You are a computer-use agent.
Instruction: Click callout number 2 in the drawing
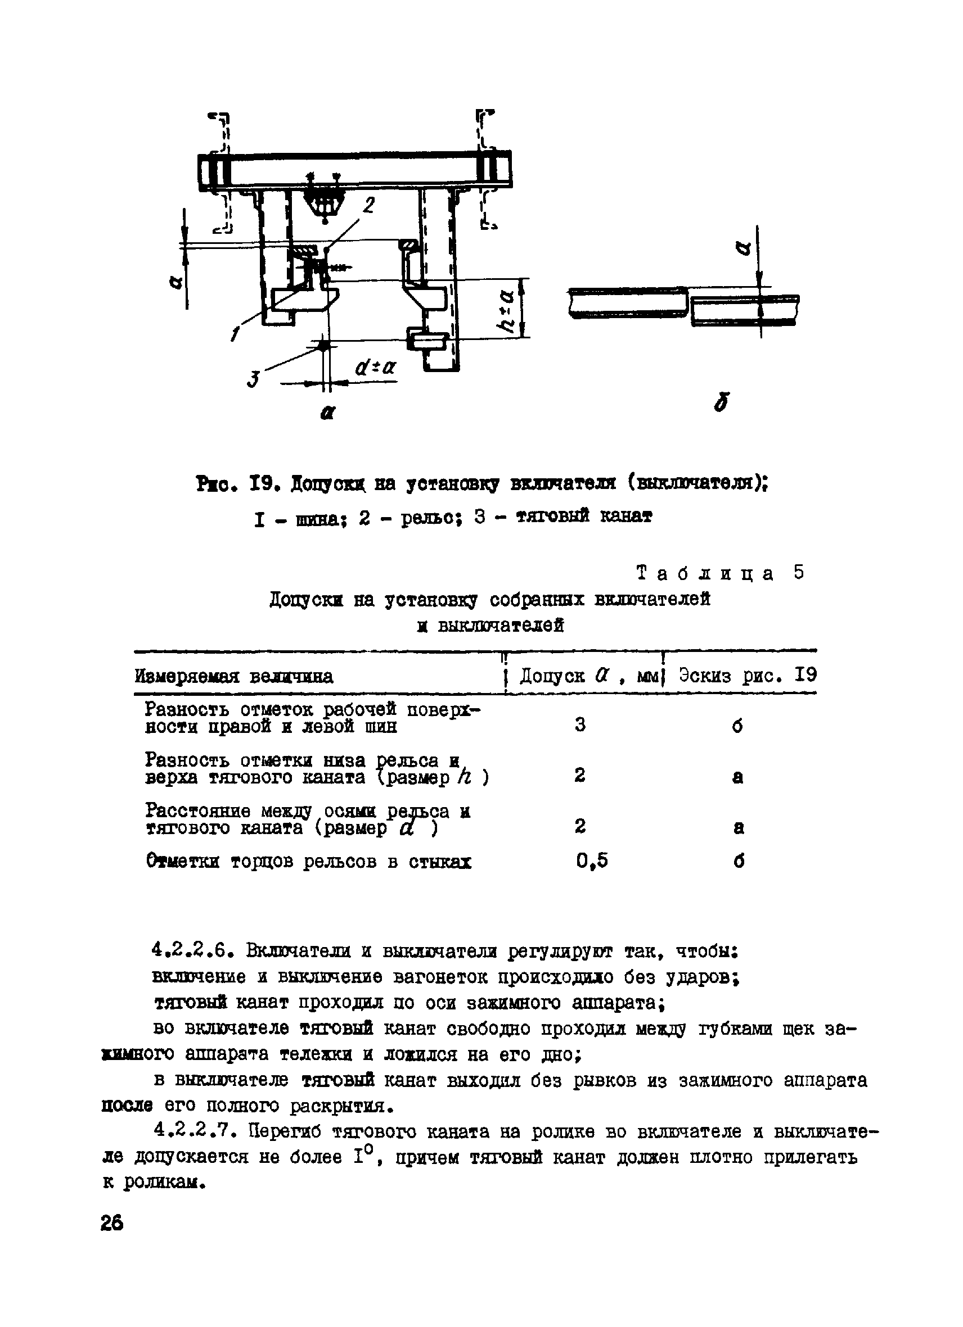tap(370, 205)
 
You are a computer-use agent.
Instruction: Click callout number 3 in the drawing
tap(254, 380)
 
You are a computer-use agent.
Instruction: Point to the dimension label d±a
tap(375, 367)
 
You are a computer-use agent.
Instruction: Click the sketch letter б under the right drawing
tap(722, 402)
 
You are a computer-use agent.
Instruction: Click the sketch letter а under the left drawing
tap(328, 413)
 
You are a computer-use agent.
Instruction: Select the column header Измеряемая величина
tap(234, 676)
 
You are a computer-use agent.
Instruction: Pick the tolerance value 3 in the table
tap(579, 725)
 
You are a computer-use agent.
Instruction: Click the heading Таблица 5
tap(720, 573)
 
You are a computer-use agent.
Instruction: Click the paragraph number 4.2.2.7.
tap(193, 1132)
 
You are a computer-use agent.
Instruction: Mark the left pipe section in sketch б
tap(628, 303)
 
